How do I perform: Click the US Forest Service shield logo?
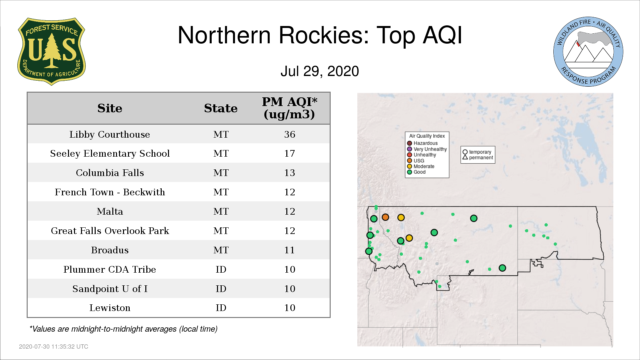click(x=51, y=51)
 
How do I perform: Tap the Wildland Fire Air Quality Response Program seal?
click(x=588, y=52)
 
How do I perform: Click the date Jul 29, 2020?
click(x=320, y=71)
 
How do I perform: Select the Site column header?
click(x=110, y=108)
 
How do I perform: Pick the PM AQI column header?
click(x=289, y=108)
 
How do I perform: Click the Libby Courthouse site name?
click(x=110, y=134)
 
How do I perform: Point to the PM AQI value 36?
click(x=290, y=134)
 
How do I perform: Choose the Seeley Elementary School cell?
click(x=110, y=154)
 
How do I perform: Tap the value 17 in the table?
click(x=290, y=154)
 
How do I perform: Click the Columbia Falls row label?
click(x=110, y=173)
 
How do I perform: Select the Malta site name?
click(x=110, y=211)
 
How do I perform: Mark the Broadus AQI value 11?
click(x=290, y=250)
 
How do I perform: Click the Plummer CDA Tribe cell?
click(x=110, y=269)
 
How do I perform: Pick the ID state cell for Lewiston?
click(x=221, y=308)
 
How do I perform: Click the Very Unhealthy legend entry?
click(x=427, y=149)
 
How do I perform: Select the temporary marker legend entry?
click(x=477, y=152)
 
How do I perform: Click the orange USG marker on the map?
click(x=385, y=217)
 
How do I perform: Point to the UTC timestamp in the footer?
click(x=54, y=347)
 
